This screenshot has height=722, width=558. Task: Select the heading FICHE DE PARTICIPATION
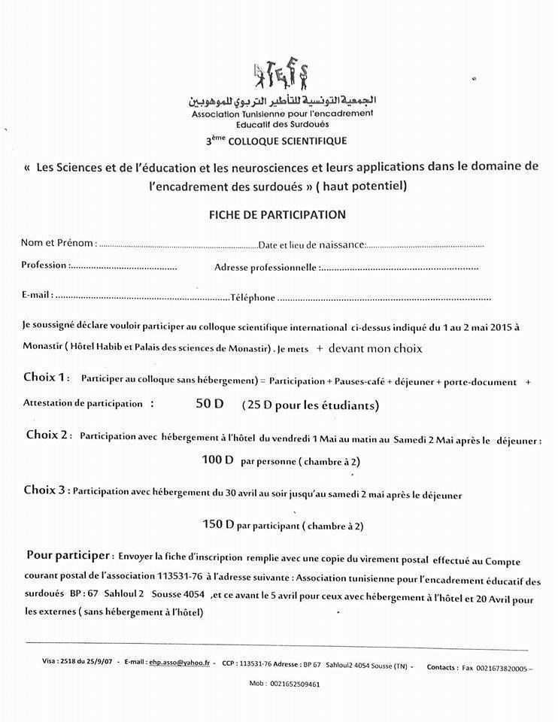277,214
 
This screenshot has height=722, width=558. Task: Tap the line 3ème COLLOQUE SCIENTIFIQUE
276,141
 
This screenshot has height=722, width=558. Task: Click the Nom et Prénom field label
58,243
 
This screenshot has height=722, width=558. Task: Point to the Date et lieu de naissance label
312,244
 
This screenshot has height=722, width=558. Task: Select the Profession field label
45,265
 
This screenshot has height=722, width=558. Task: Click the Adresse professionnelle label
265,267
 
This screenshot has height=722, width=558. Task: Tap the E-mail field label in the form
37,296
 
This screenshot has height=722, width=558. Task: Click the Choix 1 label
47,377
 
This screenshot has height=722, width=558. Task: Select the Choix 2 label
49,435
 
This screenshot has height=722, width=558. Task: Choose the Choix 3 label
46,491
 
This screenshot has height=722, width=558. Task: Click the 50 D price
209,404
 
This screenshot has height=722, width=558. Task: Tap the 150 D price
218,523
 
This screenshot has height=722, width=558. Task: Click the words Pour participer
68,556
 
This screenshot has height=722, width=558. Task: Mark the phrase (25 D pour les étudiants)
310,405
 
